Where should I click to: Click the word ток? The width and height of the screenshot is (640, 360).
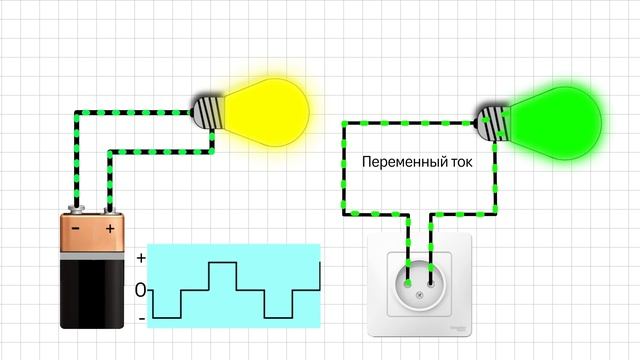[x=458, y=161]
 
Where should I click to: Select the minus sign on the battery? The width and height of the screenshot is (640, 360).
[x=77, y=229]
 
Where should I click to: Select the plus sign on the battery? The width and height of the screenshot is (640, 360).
[x=109, y=229]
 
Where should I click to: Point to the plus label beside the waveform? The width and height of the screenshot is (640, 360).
[x=141, y=258]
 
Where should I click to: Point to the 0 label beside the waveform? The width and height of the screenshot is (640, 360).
[x=141, y=290]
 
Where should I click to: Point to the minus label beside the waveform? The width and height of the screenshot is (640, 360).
[x=141, y=318]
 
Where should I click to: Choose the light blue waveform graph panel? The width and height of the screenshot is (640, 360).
[x=235, y=285]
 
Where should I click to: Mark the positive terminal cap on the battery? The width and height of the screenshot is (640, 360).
[x=109, y=211]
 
